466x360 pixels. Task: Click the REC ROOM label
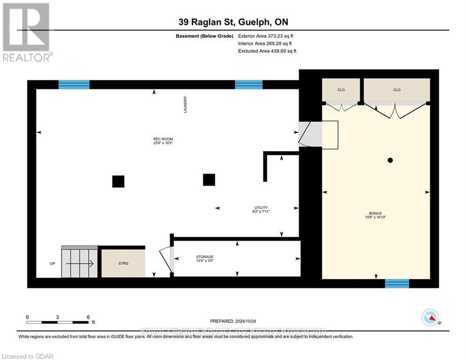pos(160,141)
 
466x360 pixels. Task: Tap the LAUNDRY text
pos(185,105)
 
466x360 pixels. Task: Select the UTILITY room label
pos(261,210)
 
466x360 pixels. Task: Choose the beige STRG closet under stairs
pos(124,263)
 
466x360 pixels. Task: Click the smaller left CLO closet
pos(340,90)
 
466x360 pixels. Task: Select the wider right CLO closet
pos(397,90)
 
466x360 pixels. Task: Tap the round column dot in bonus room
pos(390,160)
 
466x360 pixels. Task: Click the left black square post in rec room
pos(118,181)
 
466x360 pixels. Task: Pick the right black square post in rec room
pos(209,180)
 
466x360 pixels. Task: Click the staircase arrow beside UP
pos(80,263)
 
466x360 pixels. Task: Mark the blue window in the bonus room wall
pos(397,283)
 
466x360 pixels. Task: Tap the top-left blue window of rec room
pos(74,84)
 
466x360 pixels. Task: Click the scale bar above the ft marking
pos(57,322)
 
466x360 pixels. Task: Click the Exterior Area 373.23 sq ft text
pos(266,36)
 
